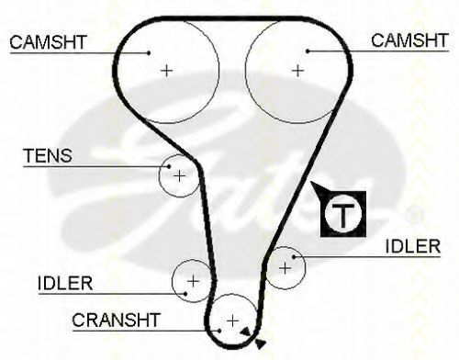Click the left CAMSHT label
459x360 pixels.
[48, 42]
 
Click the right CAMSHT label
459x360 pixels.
[409, 40]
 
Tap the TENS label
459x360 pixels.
[48, 155]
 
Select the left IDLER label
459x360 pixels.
[65, 283]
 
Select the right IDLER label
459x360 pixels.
[413, 246]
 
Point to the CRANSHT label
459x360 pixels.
[117, 320]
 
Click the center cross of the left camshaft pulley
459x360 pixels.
[167, 71]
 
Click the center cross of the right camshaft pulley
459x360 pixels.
[298, 71]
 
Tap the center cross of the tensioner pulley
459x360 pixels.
[179, 176]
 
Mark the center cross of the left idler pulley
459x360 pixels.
[193, 281]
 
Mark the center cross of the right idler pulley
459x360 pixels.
[285, 268]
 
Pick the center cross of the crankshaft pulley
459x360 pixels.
[233, 321]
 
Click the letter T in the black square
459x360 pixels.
[343, 214]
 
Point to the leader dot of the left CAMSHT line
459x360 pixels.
[149, 52]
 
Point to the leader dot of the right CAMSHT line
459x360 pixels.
[308, 51]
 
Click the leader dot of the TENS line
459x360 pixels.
[169, 166]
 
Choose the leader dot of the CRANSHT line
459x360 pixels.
[219, 331]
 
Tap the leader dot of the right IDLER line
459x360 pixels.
[294, 257]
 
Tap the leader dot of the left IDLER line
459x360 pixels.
[185, 294]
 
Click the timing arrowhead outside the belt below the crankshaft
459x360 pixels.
[261, 343]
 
